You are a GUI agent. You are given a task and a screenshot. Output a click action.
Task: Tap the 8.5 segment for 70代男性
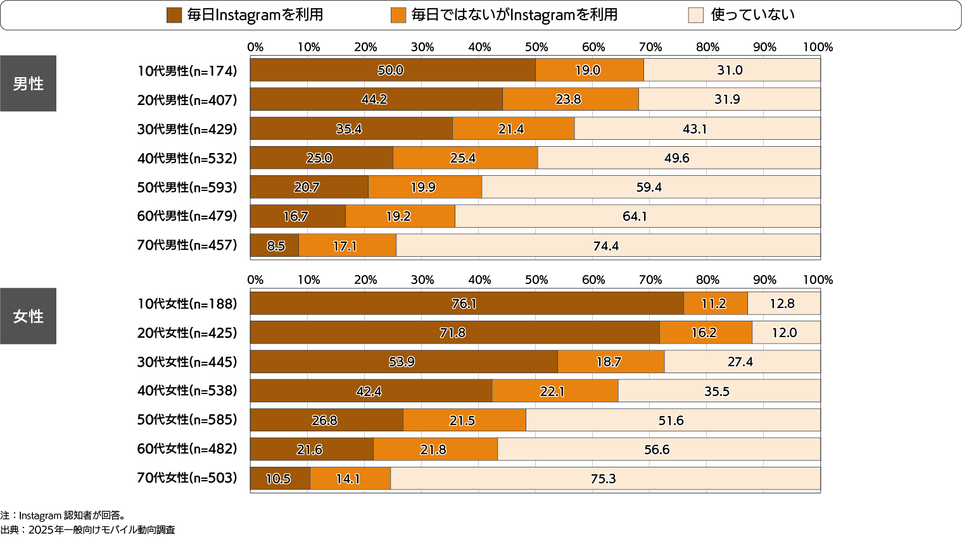click(275, 245)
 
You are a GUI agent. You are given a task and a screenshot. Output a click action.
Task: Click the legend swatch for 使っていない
click(695, 15)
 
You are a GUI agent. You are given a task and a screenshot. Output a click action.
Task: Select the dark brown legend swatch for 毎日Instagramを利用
click(174, 15)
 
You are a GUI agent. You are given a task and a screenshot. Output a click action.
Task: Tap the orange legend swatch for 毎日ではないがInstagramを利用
click(398, 15)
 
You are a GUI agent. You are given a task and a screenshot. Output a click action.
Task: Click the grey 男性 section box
click(28, 83)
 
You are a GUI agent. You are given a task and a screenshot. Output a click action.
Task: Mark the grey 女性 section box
click(28, 316)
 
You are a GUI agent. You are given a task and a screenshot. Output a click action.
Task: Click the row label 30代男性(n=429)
click(187, 129)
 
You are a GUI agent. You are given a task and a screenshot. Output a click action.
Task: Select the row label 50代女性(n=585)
click(187, 420)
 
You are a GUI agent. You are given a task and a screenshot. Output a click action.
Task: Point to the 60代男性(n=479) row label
click(187, 216)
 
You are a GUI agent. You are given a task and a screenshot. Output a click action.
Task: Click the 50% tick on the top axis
click(536, 47)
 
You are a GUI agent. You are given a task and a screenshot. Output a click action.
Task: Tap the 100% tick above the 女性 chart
click(818, 280)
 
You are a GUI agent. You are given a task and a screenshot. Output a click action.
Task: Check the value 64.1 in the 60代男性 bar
click(635, 216)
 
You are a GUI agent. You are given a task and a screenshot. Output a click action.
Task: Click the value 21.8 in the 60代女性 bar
click(433, 450)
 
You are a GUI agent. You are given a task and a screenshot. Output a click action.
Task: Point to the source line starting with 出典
click(88, 530)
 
